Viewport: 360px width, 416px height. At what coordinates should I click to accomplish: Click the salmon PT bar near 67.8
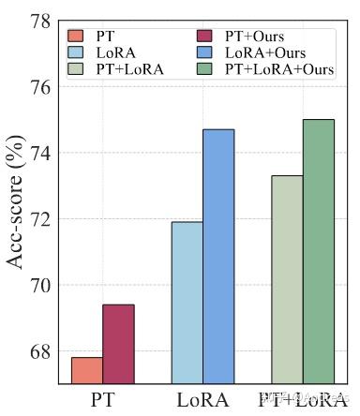(87, 370)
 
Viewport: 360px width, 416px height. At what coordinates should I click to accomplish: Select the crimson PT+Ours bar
(119, 344)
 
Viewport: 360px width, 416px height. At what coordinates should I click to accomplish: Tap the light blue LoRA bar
(187, 303)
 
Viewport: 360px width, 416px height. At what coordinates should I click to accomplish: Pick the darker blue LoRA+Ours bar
(218, 257)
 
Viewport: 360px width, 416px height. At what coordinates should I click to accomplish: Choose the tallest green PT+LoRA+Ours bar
(319, 251)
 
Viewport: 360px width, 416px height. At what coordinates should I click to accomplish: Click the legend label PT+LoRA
(129, 69)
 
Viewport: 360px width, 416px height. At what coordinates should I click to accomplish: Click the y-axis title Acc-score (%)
(15, 201)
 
